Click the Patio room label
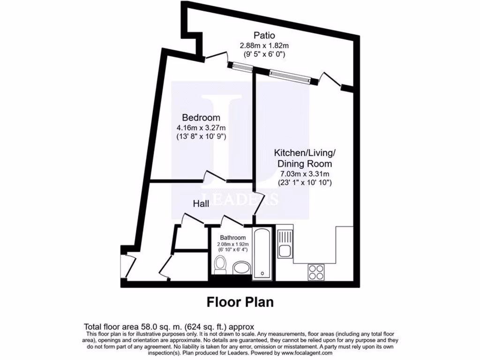(264, 35)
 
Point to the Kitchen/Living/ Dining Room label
(305, 158)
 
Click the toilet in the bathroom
(219, 266)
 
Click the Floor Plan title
(240, 302)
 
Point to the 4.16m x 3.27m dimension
(201, 127)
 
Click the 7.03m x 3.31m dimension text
(305, 174)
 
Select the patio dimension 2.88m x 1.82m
(264, 45)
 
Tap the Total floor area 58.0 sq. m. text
(169, 327)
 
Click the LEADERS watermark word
(240, 198)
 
